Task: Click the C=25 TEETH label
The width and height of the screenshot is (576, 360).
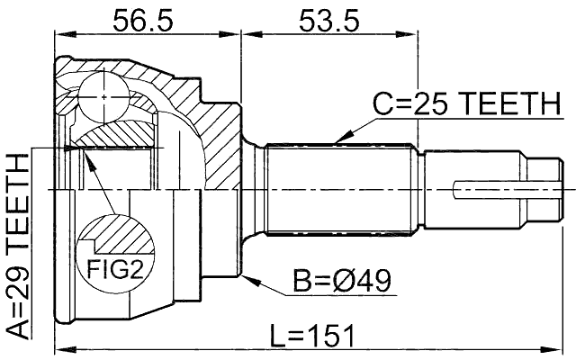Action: pyautogui.click(x=466, y=106)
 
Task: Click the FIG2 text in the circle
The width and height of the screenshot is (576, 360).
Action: pyautogui.click(x=112, y=266)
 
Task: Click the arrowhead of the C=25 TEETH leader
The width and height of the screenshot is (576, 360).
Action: pyautogui.click(x=334, y=141)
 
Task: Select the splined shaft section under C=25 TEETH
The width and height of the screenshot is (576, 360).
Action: pyautogui.click(x=342, y=190)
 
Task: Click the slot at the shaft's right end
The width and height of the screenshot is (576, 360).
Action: pyautogui.click(x=508, y=190)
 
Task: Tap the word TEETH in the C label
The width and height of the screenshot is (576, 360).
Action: pyautogui.click(x=510, y=106)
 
